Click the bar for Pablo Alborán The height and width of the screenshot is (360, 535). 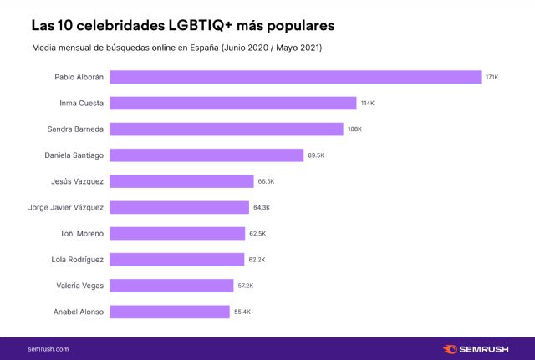[295, 77]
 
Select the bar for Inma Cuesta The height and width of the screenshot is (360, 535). [233, 103]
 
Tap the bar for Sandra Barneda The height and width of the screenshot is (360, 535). [227, 129]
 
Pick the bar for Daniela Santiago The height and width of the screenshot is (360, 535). [206, 155]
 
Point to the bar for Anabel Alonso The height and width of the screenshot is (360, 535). [170, 312]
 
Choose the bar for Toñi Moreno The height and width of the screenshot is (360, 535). [177, 233]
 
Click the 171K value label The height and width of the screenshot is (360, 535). [492, 77]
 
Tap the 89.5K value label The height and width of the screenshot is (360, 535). [316, 155]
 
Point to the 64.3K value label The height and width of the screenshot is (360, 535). [262, 207]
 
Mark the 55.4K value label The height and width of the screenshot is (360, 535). [242, 312]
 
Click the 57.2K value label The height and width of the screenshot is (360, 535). [246, 286]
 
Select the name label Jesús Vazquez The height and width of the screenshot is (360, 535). [79, 181]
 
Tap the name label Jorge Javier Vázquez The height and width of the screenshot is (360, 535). [66, 207]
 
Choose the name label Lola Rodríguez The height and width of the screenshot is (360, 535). [76, 259]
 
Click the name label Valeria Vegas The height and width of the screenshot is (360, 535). [79, 286]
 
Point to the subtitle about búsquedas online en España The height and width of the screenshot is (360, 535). [176, 48]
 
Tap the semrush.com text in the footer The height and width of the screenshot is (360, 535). [48, 348]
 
